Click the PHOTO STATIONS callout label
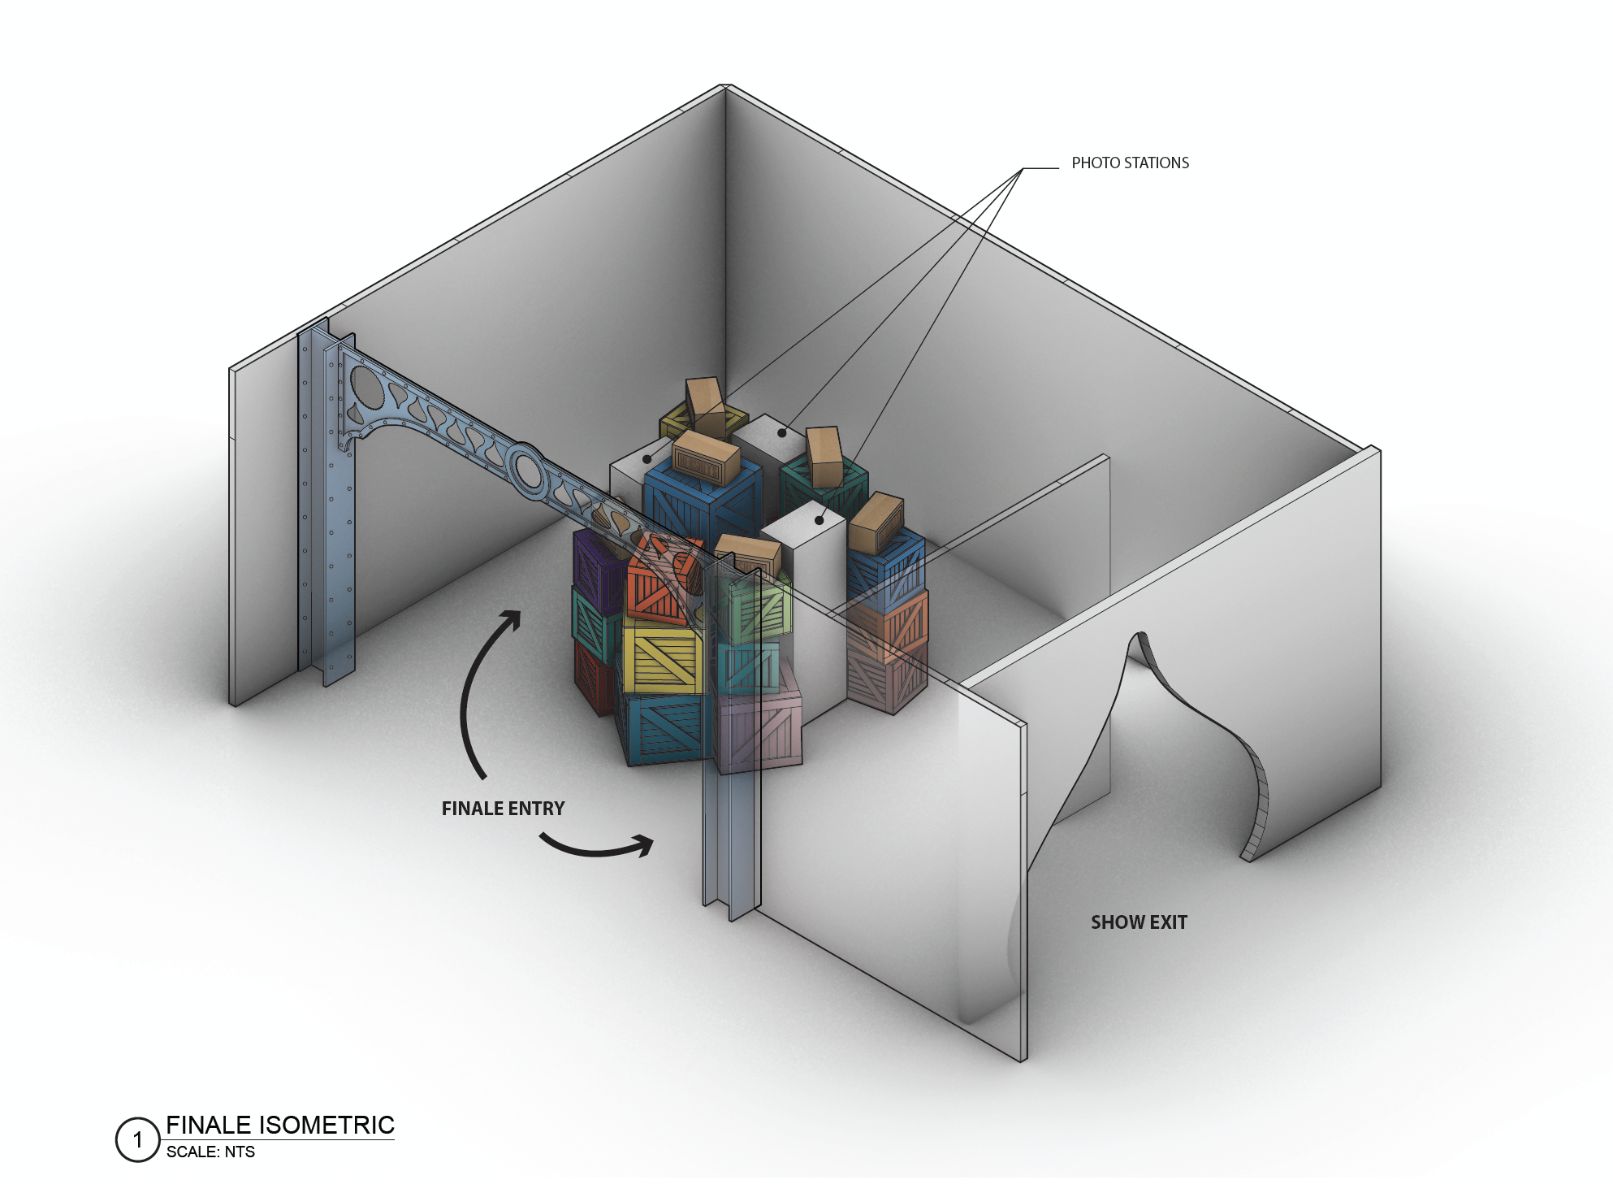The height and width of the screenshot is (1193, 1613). point(1130,163)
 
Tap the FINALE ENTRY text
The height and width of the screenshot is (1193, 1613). point(503,809)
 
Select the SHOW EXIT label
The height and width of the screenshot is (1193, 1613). point(1139,922)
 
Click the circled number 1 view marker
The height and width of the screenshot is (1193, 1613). point(137,1139)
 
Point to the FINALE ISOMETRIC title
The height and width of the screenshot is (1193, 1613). point(280,1125)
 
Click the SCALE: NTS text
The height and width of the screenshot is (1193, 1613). point(210,1152)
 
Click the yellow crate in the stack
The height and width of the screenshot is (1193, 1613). point(662,658)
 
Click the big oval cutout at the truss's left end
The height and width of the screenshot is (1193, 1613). point(368,390)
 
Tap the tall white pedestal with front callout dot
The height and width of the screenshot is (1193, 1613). point(808,601)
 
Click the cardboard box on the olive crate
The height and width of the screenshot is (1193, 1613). point(706,406)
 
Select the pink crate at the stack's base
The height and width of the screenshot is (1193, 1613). point(759,727)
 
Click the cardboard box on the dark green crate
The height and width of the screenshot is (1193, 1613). point(825,456)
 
